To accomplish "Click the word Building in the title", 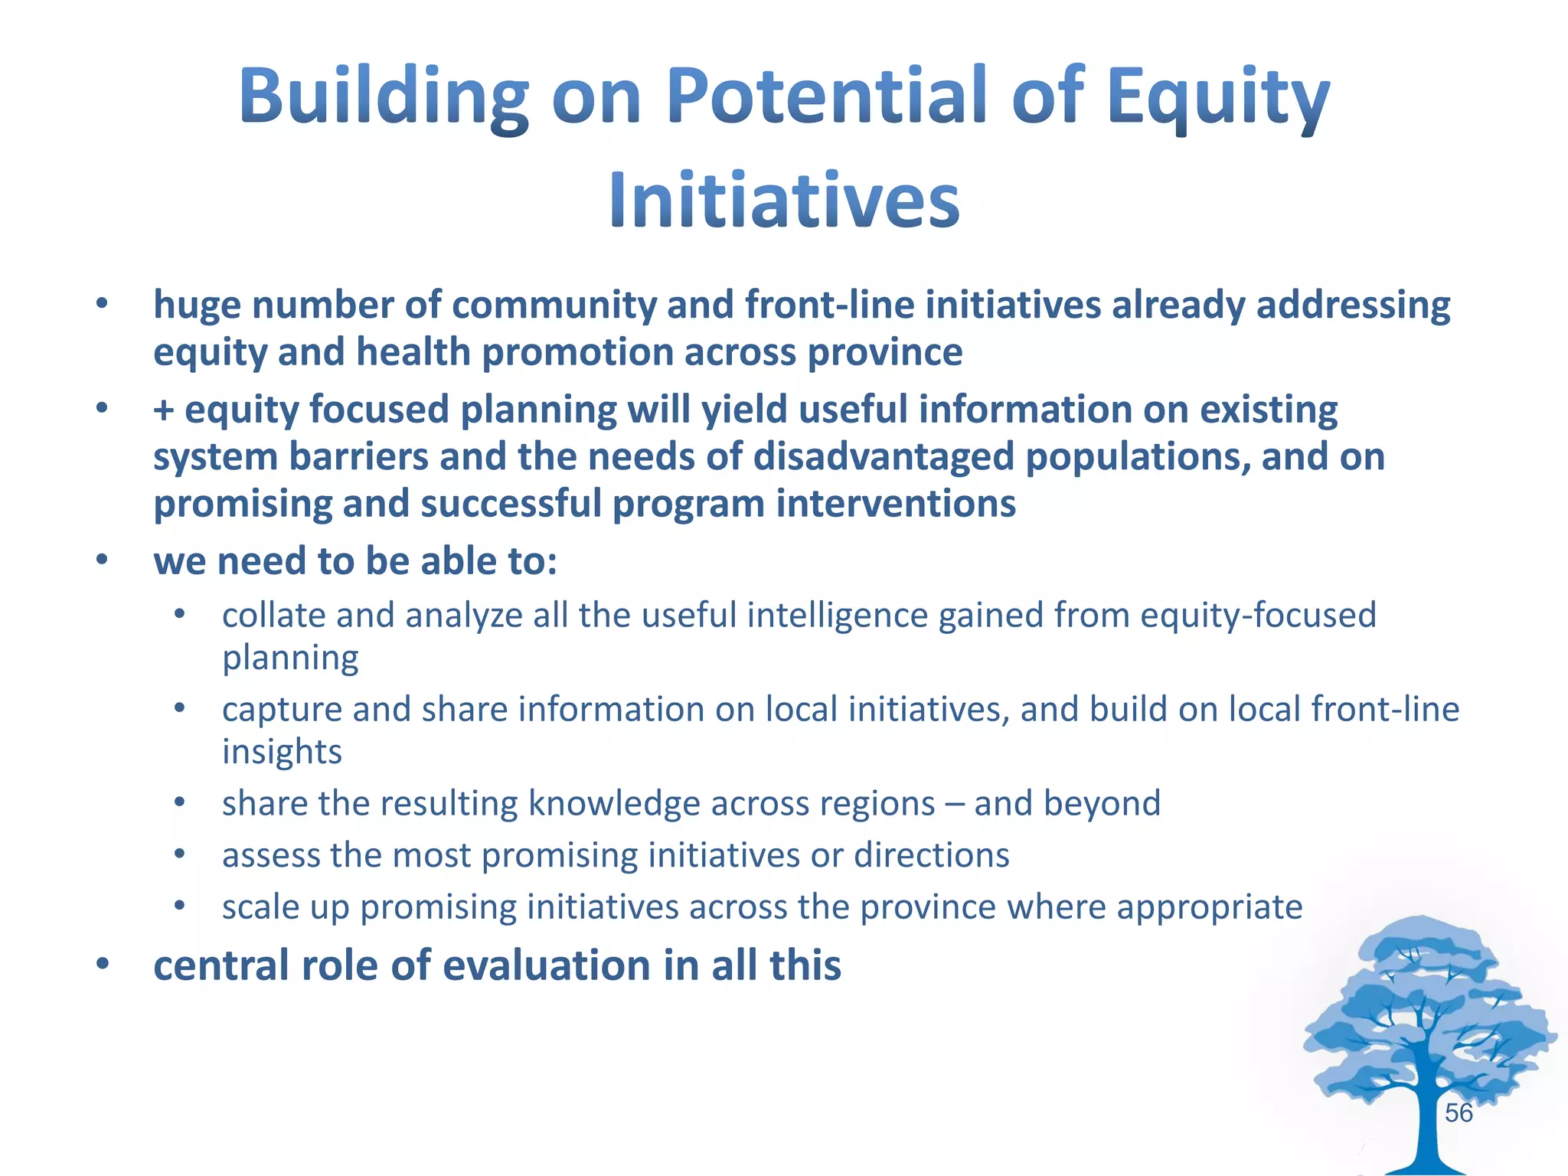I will (383, 97).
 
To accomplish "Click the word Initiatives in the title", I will (784, 201).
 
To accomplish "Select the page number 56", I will (1459, 1113).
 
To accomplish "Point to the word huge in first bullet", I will (197, 305).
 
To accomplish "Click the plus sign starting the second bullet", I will (163, 410).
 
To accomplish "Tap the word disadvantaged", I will (884, 457).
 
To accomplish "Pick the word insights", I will (282, 752).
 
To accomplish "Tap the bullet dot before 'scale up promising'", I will (180, 906).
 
